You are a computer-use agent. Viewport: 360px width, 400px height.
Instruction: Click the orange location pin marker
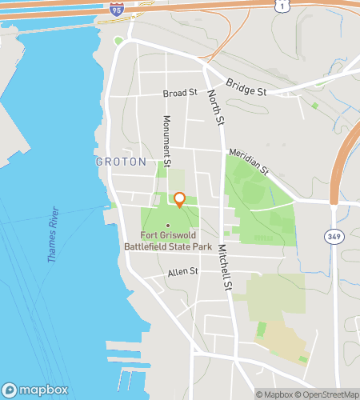click(180, 200)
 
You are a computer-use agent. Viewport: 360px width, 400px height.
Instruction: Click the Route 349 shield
click(334, 237)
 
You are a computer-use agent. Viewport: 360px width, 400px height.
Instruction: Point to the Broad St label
click(179, 94)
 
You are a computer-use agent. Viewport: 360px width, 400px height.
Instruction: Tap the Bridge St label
click(246, 89)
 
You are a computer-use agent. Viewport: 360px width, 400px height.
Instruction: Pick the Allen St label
click(182, 272)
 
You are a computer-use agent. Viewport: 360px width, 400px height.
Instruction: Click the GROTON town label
click(121, 162)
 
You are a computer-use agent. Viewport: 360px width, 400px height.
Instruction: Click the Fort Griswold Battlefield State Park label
click(176, 241)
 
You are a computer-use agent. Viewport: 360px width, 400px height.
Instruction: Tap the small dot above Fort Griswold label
click(168, 226)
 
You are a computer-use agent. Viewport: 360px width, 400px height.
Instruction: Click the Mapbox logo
click(34, 390)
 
